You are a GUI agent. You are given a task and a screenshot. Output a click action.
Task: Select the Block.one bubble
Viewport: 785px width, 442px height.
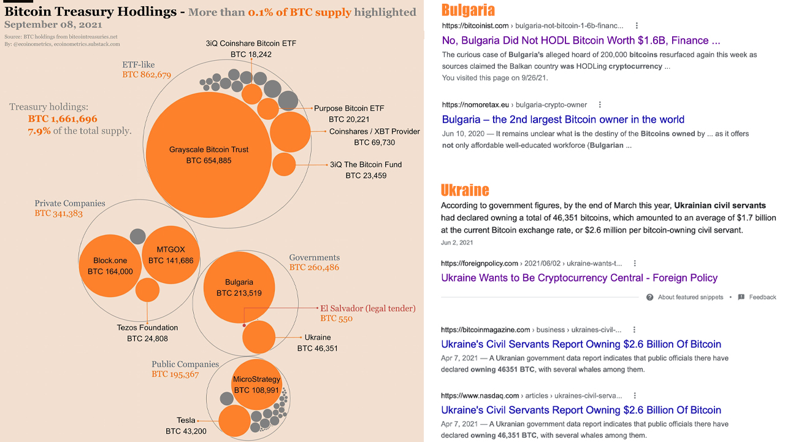(x=110, y=265)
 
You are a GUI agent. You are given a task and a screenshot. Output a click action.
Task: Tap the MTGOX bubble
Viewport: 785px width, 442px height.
(x=170, y=255)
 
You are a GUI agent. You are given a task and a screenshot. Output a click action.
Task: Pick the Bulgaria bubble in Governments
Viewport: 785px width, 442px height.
(x=239, y=287)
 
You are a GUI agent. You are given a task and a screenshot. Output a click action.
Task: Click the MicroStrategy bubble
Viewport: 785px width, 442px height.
(x=256, y=384)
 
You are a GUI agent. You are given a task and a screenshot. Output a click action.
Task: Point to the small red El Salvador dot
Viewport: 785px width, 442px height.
(x=244, y=325)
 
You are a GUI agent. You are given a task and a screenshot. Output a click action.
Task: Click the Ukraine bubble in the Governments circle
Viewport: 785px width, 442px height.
(x=259, y=338)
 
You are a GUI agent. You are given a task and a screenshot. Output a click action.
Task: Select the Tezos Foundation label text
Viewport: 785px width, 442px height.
(x=147, y=328)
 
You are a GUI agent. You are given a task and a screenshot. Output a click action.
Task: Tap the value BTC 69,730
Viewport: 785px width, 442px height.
(x=374, y=142)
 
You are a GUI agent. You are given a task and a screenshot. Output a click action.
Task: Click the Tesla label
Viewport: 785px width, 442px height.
(x=186, y=421)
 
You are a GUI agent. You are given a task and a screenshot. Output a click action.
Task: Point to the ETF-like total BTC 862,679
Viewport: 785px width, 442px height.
(x=147, y=75)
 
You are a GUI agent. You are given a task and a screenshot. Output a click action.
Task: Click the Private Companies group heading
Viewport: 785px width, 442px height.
(x=70, y=203)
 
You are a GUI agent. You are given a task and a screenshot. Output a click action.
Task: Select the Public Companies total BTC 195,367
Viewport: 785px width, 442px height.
(x=175, y=374)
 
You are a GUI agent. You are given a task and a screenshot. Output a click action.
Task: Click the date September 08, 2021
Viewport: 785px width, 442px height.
(x=53, y=25)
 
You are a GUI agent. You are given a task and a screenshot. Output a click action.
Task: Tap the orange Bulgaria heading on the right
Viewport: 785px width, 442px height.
(x=468, y=10)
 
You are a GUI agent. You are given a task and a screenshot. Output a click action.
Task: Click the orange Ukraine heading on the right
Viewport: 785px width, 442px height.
(x=465, y=190)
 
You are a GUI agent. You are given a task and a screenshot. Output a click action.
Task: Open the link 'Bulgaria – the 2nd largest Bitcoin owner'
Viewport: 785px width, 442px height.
(x=563, y=119)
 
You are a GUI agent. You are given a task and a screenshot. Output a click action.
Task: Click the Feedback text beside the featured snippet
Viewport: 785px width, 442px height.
(x=762, y=297)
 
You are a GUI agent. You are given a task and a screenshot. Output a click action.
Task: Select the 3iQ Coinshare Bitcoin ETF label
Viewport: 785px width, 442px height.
(x=251, y=44)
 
